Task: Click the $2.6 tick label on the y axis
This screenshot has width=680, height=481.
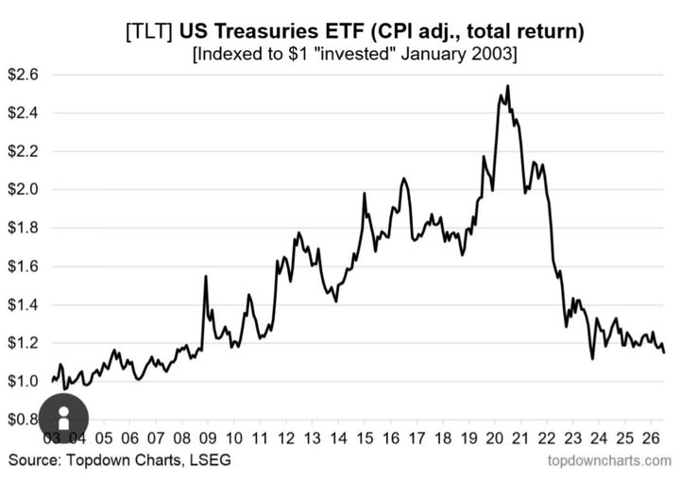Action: [x=24, y=75]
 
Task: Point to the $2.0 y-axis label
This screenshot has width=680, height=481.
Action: [x=24, y=190]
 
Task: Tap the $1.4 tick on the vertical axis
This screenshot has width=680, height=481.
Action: [x=24, y=304]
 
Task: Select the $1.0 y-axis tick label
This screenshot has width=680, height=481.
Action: [x=24, y=382]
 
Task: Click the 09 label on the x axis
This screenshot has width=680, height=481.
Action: [x=208, y=438]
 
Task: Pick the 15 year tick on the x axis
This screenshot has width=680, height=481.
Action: [x=365, y=438]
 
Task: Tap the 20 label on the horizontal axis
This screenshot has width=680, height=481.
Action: [x=495, y=438]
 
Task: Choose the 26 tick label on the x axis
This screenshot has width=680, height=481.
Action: [x=651, y=438]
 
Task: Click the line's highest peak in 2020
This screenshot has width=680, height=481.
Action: [x=508, y=86]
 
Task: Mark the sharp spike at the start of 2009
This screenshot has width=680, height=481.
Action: [x=206, y=276]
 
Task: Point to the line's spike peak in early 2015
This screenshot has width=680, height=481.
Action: [x=365, y=193]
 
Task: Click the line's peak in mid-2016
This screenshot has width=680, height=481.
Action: [x=404, y=179]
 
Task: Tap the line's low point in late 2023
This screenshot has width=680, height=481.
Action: [x=592, y=358]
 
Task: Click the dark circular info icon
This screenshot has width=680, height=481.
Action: [x=64, y=418]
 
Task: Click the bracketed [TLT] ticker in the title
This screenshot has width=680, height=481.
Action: [x=149, y=32]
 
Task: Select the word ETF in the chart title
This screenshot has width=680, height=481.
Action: [x=343, y=31]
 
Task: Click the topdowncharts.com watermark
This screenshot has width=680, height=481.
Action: [x=609, y=460]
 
